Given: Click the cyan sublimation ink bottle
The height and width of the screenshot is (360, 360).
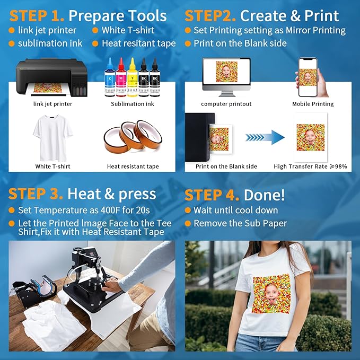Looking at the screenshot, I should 109,81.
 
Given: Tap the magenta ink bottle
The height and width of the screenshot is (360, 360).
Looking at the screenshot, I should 121,81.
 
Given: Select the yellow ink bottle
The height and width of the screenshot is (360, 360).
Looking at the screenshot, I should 133,81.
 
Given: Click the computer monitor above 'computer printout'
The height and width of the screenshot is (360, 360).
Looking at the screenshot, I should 226,76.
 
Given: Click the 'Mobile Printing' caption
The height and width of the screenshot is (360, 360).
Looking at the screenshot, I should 313,104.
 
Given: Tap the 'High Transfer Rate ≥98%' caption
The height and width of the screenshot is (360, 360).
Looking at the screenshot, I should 310,166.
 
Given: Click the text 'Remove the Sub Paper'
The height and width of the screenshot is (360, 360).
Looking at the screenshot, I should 240,223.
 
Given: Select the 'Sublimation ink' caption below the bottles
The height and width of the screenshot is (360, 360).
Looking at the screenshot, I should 132,104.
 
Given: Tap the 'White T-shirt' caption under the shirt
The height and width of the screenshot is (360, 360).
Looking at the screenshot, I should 52,166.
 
